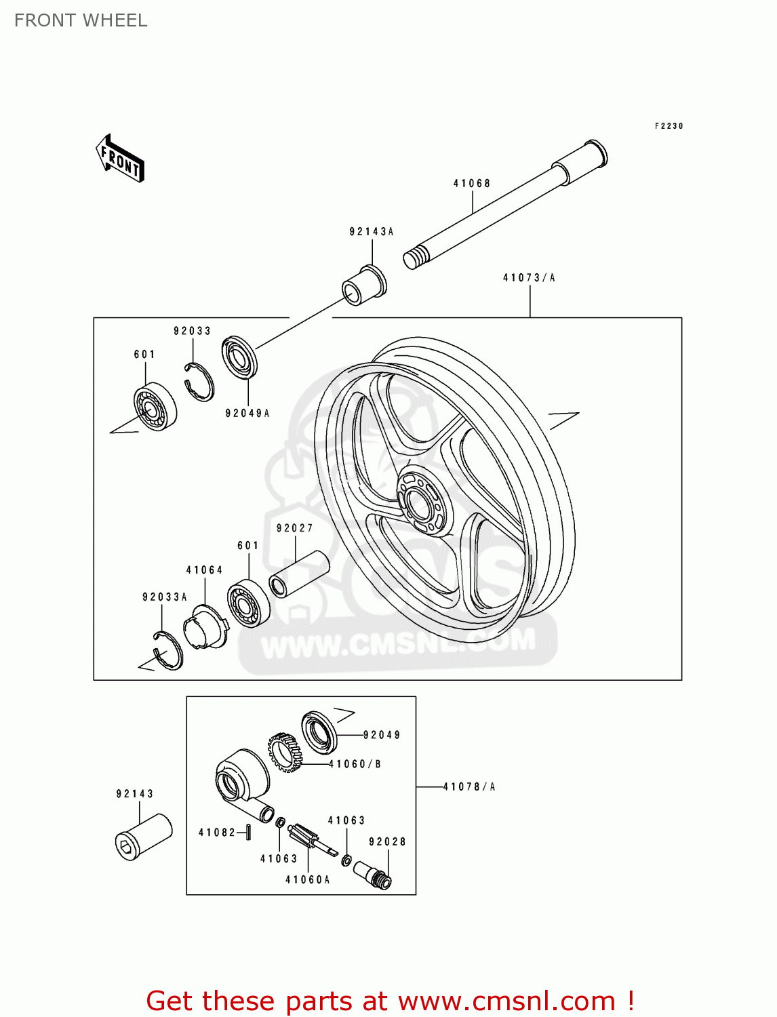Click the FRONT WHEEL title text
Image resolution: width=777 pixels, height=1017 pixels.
(x=81, y=20)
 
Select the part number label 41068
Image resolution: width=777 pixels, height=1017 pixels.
(x=472, y=183)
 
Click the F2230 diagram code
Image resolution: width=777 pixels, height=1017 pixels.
(x=669, y=126)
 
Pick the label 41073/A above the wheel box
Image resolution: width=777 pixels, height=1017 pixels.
(x=529, y=278)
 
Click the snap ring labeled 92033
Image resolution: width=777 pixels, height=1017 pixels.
(x=199, y=383)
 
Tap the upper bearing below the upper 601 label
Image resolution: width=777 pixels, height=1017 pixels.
(x=155, y=407)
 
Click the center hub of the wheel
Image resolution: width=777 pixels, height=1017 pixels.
(x=420, y=501)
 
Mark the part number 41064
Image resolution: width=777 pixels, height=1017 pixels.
(x=205, y=570)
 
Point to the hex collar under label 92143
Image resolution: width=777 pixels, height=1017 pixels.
(x=144, y=837)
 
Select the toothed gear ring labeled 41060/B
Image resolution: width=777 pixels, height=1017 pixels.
(x=285, y=753)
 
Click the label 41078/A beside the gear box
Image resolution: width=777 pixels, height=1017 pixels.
(x=469, y=787)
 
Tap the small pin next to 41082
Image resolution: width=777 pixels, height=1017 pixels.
(x=249, y=832)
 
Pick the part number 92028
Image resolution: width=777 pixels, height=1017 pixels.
(x=387, y=842)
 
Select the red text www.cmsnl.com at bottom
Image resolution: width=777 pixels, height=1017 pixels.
(x=506, y=1001)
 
